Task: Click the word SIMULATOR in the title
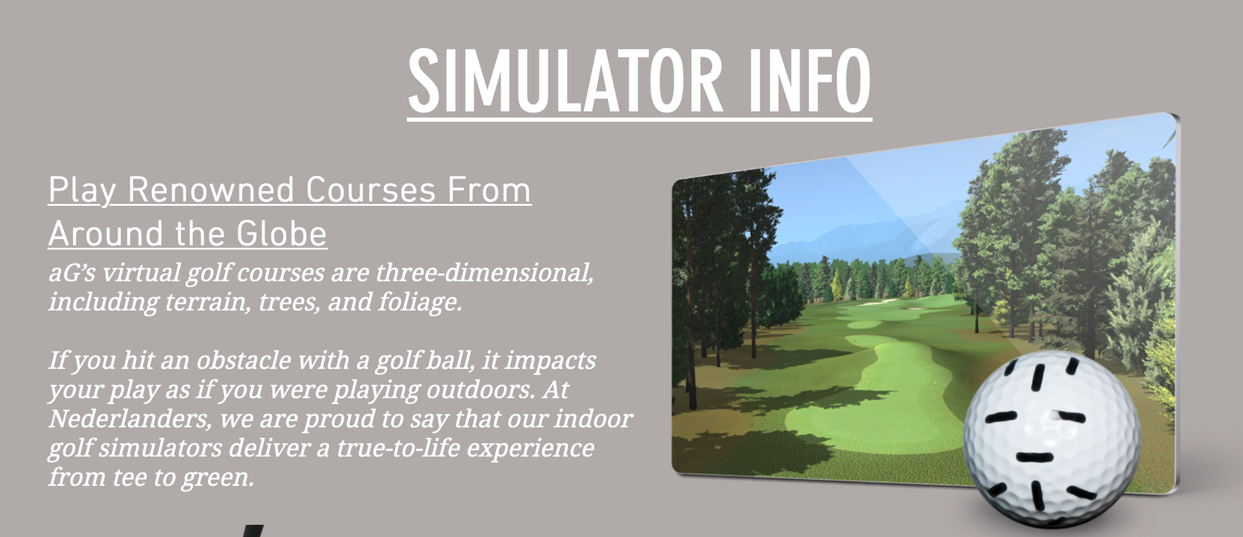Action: coord(565,81)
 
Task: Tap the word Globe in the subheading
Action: coord(282,233)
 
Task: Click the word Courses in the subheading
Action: coord(370,190)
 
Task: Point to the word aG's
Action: coord(72,273)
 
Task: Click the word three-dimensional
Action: coord(484,273)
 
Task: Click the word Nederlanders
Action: coord(130,419)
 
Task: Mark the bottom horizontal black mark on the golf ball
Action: coord(1034,458)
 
